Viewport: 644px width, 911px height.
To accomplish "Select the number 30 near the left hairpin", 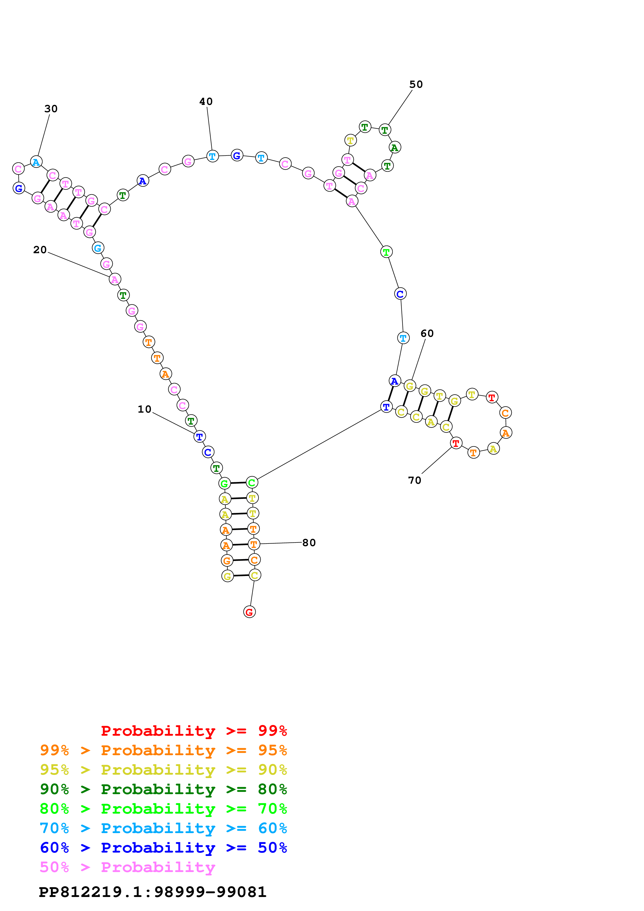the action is coord(51,109).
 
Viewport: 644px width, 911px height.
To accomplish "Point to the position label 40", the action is coord(206,102).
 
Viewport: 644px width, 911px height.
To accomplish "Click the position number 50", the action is coord(416,84).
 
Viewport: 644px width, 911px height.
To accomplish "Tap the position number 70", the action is coord(415,480).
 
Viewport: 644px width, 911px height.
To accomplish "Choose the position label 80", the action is coord(309,542).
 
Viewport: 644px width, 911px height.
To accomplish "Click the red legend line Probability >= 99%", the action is coord(194,731).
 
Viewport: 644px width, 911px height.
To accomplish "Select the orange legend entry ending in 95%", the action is coord(163,750).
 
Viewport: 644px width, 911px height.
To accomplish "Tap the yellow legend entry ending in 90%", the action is coord(163,769).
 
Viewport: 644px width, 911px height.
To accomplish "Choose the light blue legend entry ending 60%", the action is coord(163,828).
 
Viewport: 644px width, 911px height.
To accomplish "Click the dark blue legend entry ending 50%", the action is coord(163,848).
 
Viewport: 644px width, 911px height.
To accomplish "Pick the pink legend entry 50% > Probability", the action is coord(127,867).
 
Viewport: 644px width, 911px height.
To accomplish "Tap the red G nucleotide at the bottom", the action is coord(249,612).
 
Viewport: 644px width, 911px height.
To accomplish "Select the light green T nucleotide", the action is coord(386,252).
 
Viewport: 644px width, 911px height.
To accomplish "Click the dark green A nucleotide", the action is coord(394,147).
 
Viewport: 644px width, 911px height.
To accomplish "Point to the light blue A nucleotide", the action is coord(36,162).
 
